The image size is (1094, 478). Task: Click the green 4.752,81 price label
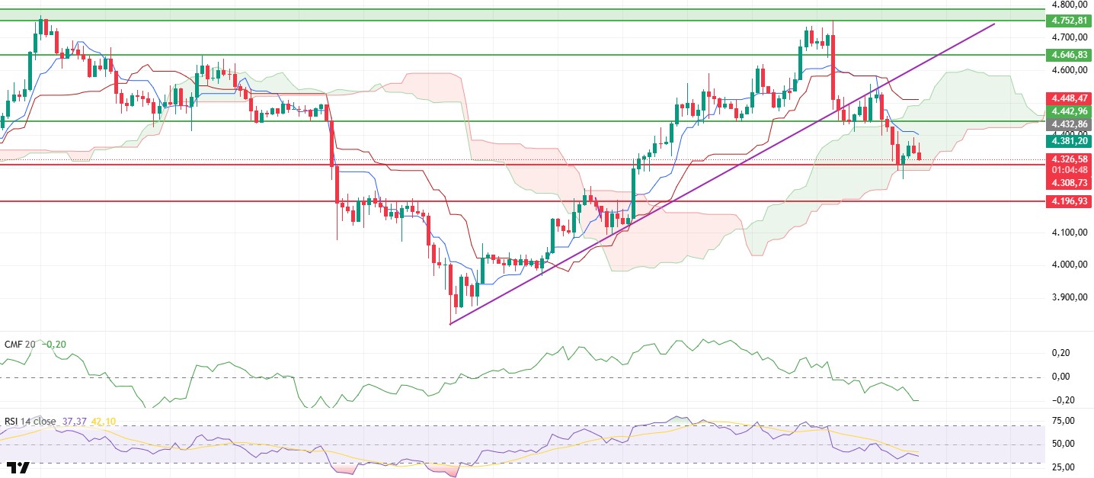click(1069, 21)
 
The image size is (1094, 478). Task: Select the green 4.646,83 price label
click(1069, 55)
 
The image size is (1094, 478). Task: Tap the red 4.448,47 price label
click(1069, 98)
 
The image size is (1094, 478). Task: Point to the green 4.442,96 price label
click(1069, 111)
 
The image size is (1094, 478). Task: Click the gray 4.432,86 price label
click(1069, 124)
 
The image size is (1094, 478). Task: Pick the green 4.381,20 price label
click(1069, 141)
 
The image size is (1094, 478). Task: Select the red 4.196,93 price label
click(1069, 201)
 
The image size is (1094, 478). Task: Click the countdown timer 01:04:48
click(1069, 171)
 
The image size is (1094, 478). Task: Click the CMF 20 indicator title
click(20, 344)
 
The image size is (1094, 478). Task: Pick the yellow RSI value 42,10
click(105, 421)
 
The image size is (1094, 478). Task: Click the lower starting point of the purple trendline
click(450, 324)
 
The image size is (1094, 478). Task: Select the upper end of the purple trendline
click(994, 24)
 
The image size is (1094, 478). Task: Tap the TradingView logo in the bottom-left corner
click(20, 467)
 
